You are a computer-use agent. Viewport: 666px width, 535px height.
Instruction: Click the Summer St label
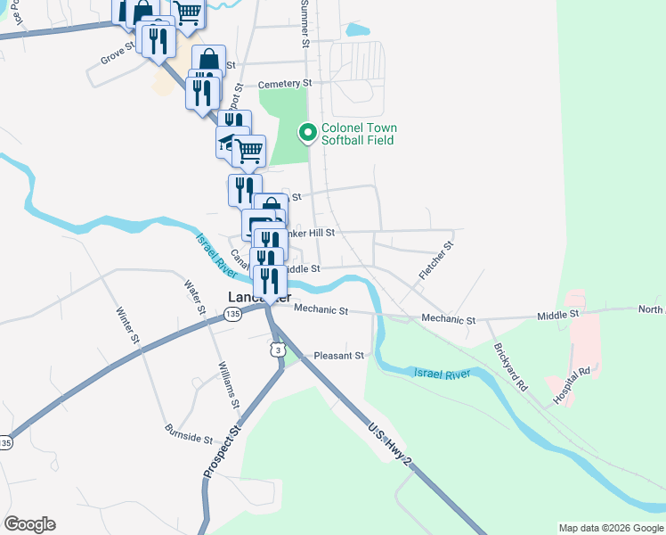click(305, 23)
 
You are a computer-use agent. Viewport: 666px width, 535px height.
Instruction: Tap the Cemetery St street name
click(286, 84)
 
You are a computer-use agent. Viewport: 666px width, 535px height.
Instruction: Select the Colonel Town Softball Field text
click(357, 134)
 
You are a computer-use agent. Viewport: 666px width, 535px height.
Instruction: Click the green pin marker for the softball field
click(308, 133)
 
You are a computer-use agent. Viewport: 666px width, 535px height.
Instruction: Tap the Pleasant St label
click(339, 355)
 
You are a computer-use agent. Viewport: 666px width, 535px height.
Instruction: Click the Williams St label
click(229, 385)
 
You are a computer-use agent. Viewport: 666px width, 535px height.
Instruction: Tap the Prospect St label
click(223, 453)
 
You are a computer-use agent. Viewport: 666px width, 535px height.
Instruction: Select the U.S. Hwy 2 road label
click(388, 443)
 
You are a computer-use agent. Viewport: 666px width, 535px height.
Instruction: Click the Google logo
click(29, 524)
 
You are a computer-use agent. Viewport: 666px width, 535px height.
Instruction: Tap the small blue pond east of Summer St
click(356, 29)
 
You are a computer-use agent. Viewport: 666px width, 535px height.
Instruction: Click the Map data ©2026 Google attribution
click(611, 528)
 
